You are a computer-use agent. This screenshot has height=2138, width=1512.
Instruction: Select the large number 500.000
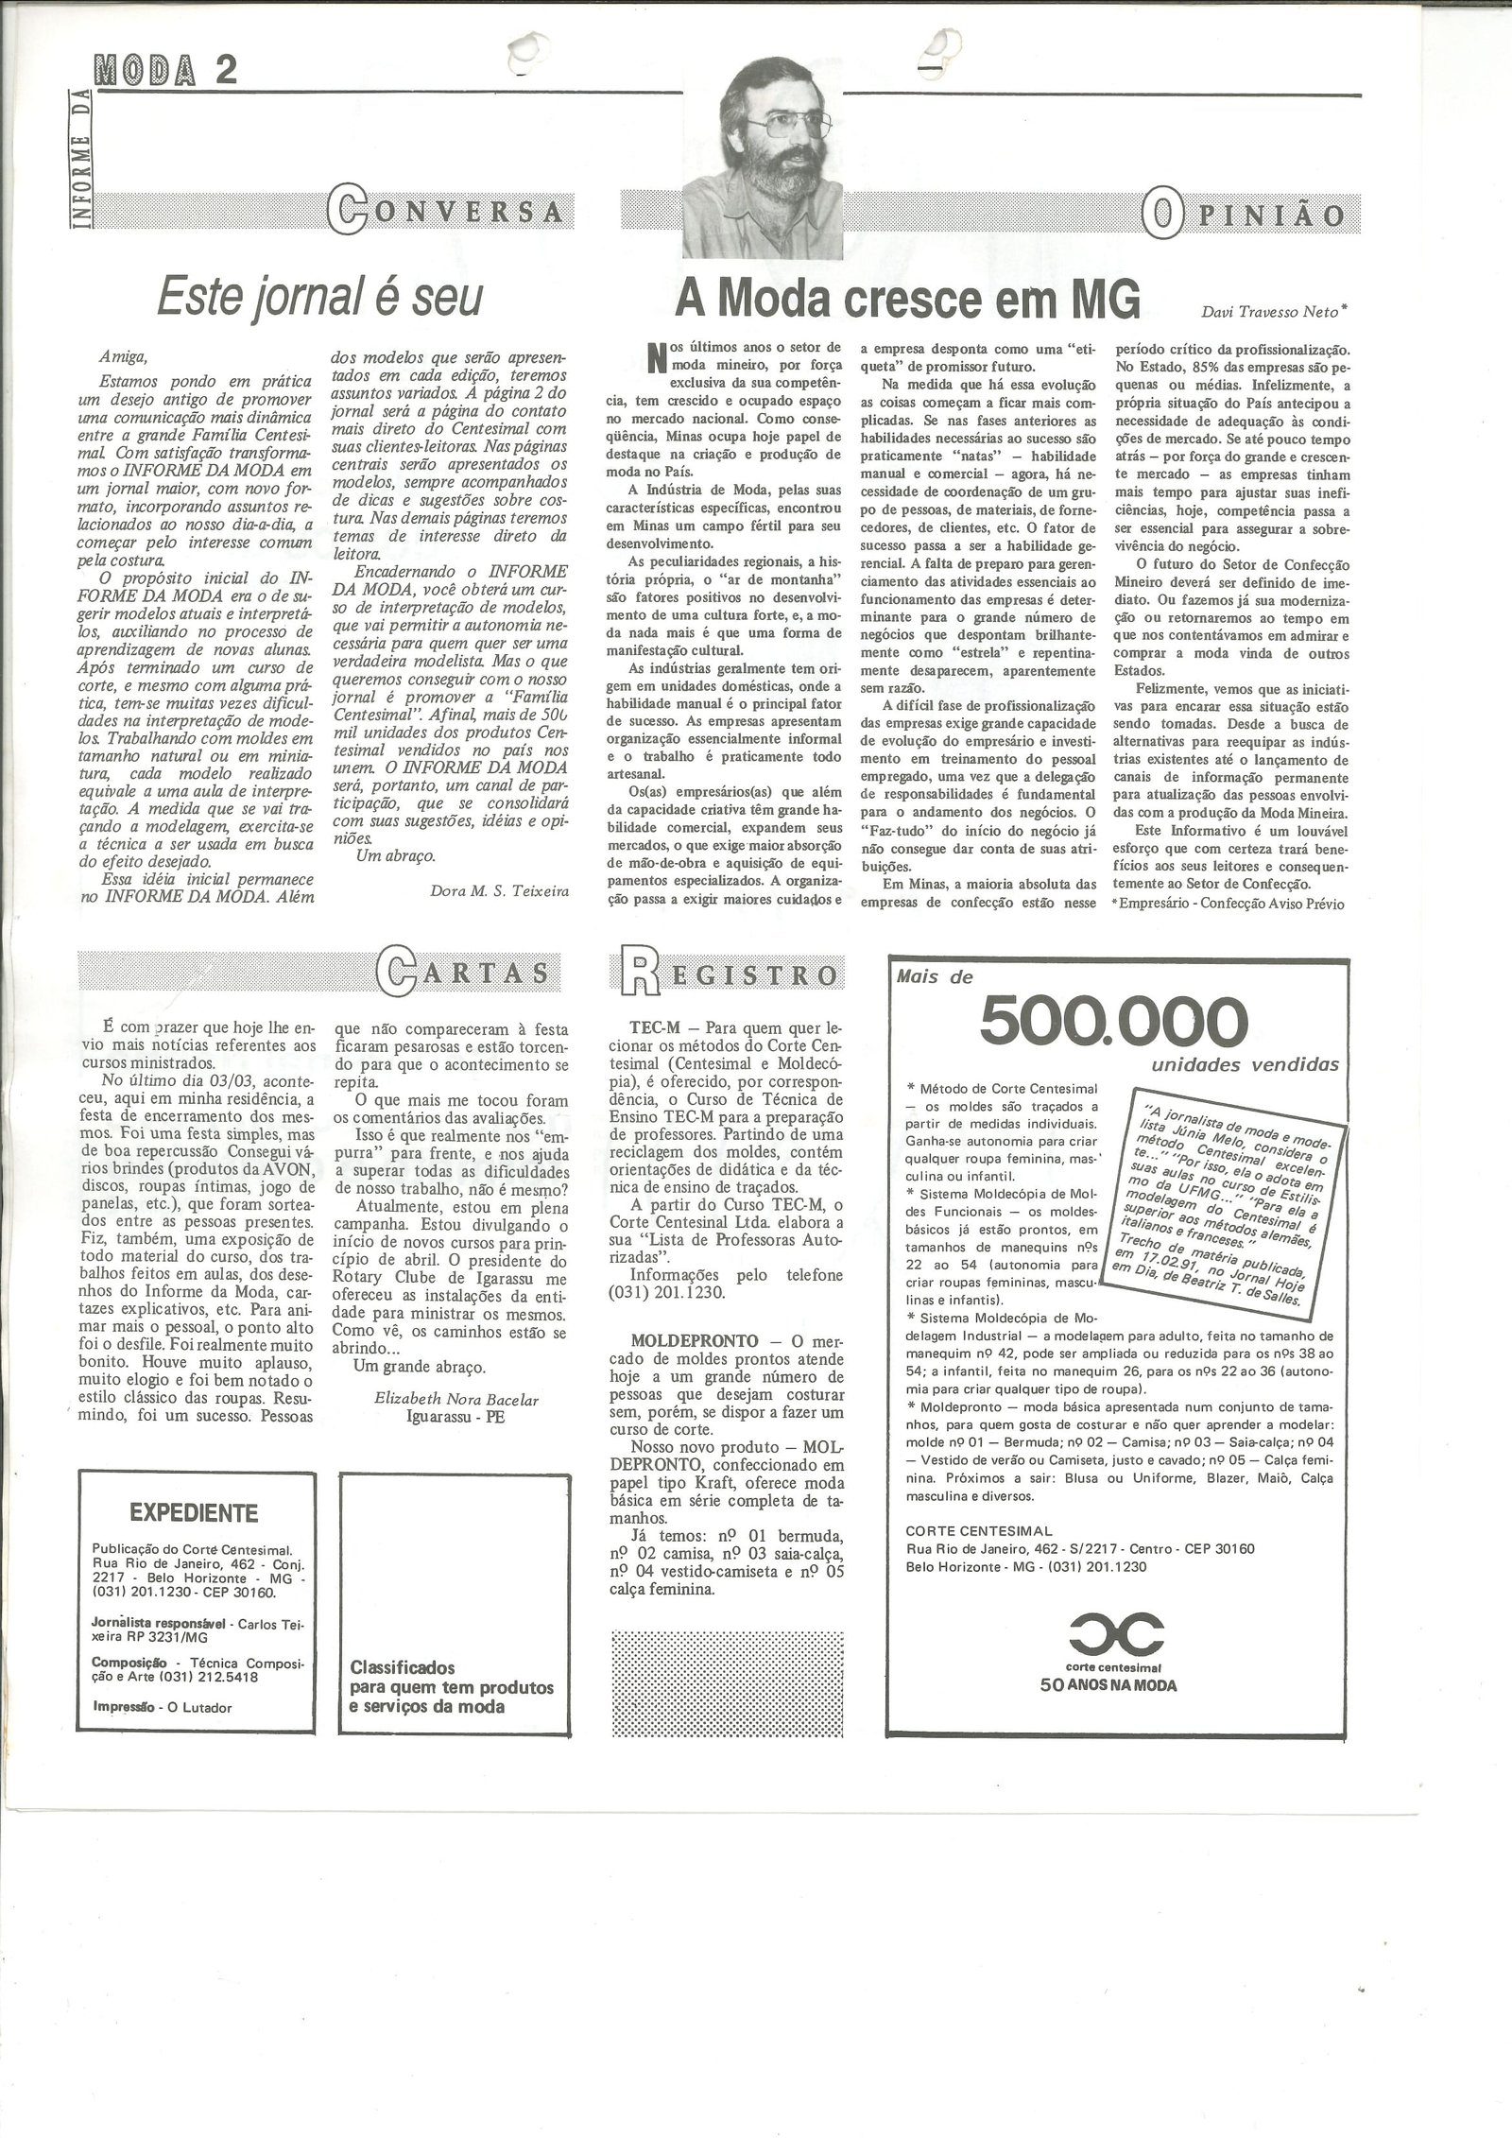[x=1114, y=1022]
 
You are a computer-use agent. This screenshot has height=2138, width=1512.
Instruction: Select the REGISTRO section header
[x=727, y=974]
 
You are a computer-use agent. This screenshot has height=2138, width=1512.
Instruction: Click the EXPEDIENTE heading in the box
[x=194, y=1512]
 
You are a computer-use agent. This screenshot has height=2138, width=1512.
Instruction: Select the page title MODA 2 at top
[x=164, y=69]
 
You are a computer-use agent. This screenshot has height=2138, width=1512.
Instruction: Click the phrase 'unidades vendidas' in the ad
[x=1245, y=1065]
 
